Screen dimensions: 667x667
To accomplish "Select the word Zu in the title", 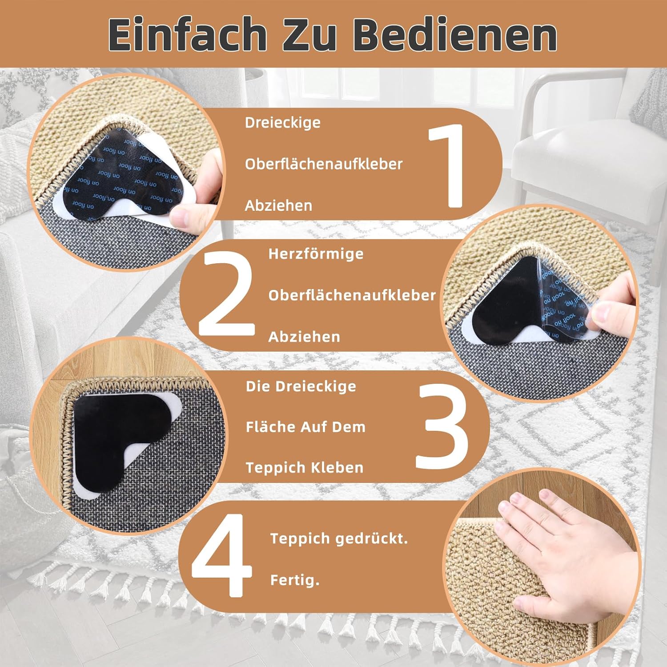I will coord(309,35).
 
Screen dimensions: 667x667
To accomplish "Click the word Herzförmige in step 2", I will coord(316,254).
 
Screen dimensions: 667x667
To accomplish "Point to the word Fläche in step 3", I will coord(271,427).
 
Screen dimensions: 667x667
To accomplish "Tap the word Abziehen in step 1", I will coord(278,205).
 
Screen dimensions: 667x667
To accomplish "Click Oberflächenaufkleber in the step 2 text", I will coord(352,295).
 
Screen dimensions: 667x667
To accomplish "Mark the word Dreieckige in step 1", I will coord(282,122).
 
